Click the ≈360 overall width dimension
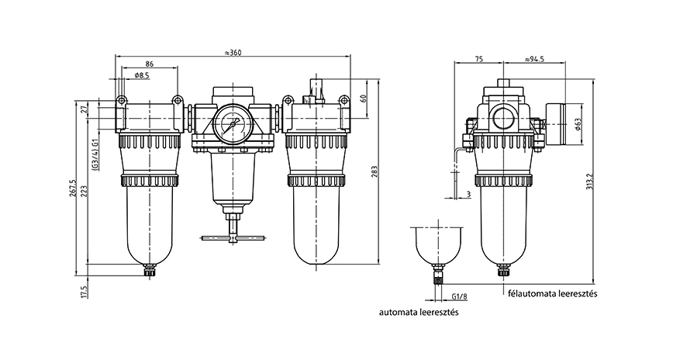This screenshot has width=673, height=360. [233, 53]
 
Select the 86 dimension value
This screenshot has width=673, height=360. [150, 64]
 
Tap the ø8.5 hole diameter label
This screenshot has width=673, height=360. [142, 75]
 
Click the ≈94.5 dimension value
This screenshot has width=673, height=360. [534, 59]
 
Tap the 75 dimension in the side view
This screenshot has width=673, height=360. [478, 59]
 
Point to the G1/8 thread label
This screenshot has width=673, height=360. [460, 297]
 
